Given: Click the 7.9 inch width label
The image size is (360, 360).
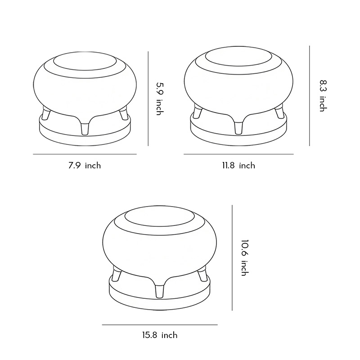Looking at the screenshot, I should pos(85,166).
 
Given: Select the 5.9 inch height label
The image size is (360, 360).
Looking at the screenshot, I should pos(158,98).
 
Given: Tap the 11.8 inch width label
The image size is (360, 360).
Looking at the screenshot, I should pos(238,166).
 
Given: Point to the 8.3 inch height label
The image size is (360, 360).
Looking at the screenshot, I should pos(322,95).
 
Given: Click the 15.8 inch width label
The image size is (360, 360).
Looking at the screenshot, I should pos(160,335).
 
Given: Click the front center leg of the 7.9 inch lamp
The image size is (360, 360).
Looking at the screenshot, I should pos(84,128).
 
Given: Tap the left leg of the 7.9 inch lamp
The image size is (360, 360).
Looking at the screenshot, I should pos(46,114).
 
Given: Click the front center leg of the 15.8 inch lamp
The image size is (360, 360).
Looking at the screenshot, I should pos(159,290).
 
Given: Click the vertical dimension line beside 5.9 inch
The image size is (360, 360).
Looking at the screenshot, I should pos(148,98).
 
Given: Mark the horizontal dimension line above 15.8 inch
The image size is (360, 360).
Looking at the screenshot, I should pos(159,324).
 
